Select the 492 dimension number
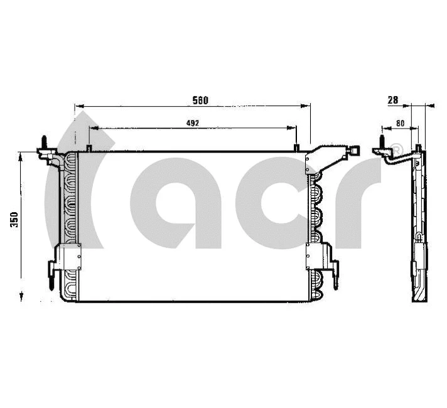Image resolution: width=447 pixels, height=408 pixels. point(193,123)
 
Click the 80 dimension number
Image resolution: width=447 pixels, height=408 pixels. point(399,123)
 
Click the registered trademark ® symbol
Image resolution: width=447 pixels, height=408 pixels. point(396,149)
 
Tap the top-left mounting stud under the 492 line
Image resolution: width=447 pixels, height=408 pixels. point(89,149)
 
